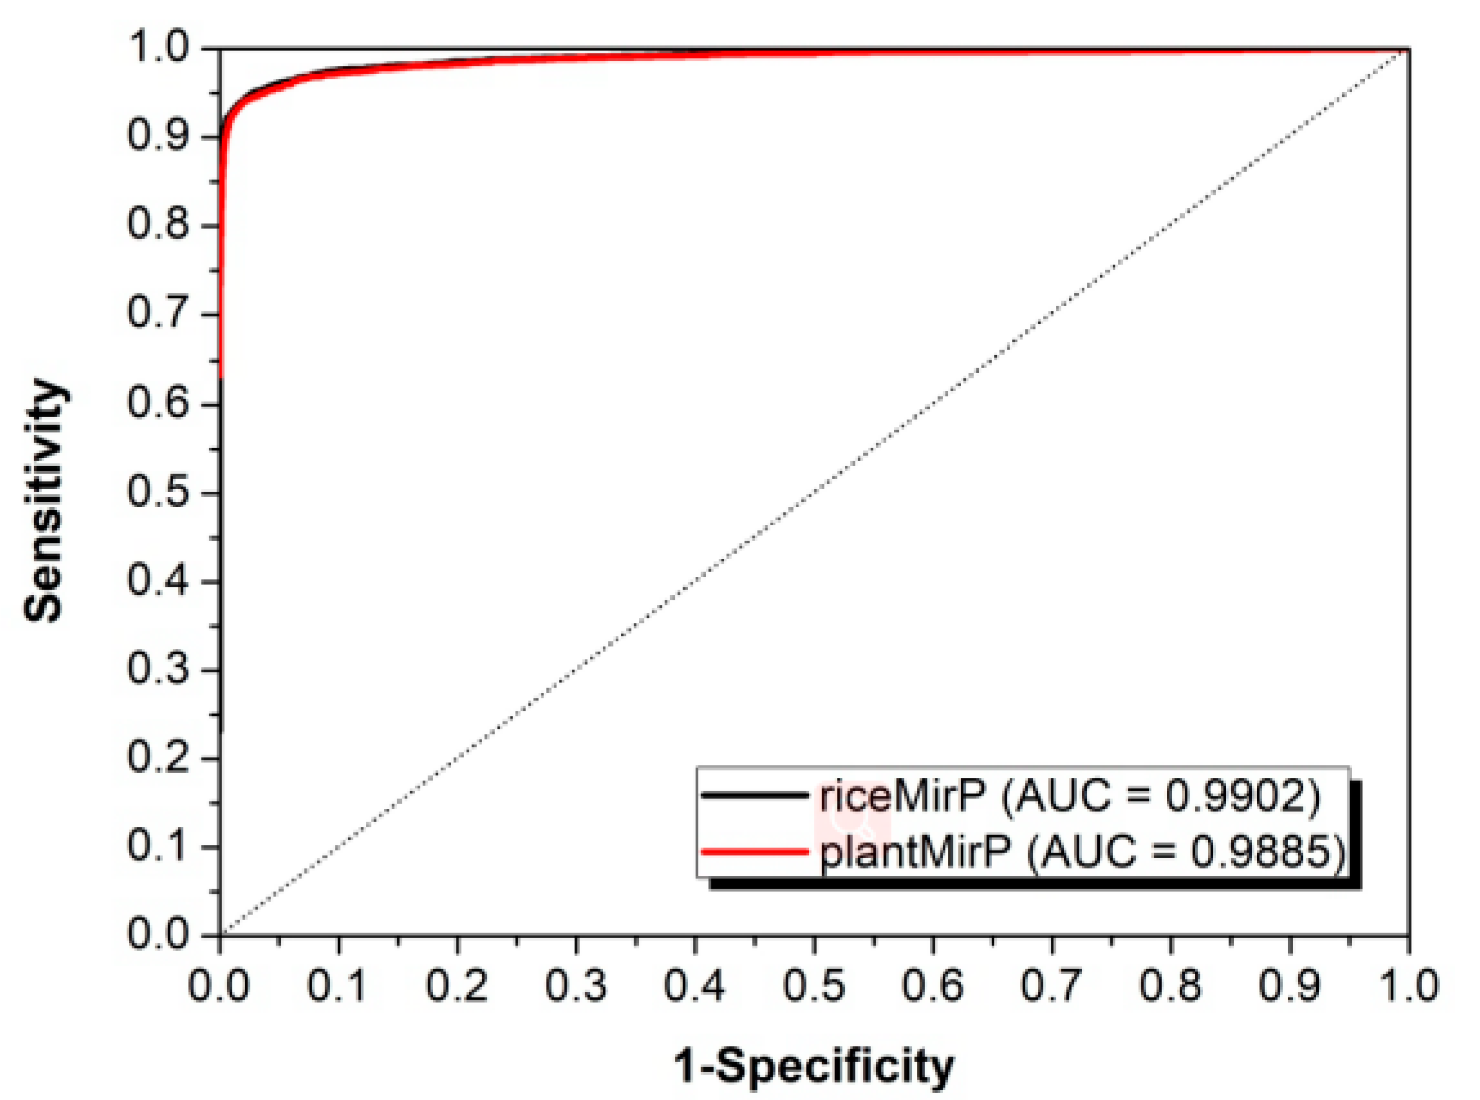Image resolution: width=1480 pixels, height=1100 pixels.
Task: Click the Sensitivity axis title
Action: pyautogui.click(x=45, y=499)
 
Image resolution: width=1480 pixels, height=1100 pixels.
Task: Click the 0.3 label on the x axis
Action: pyautogui.click(x=576, y=985)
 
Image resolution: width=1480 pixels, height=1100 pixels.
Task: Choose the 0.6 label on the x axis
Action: pyautogui.click(x=933, y=985)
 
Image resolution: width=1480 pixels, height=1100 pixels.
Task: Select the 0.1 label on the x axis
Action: pyautogui.click(x=339, y=985)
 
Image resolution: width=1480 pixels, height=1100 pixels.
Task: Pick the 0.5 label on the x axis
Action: pyautogui.click(x=814, y=985)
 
